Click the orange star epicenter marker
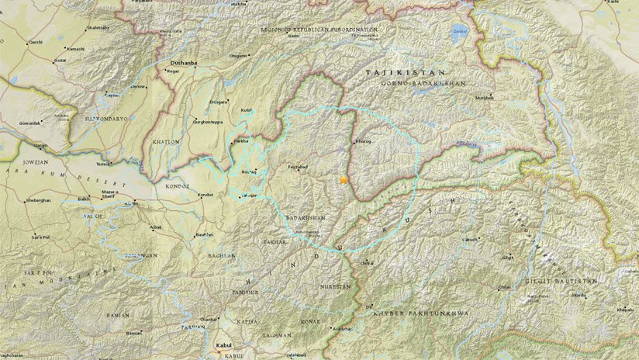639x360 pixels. (343, 180)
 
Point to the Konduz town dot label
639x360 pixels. (205, 195)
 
